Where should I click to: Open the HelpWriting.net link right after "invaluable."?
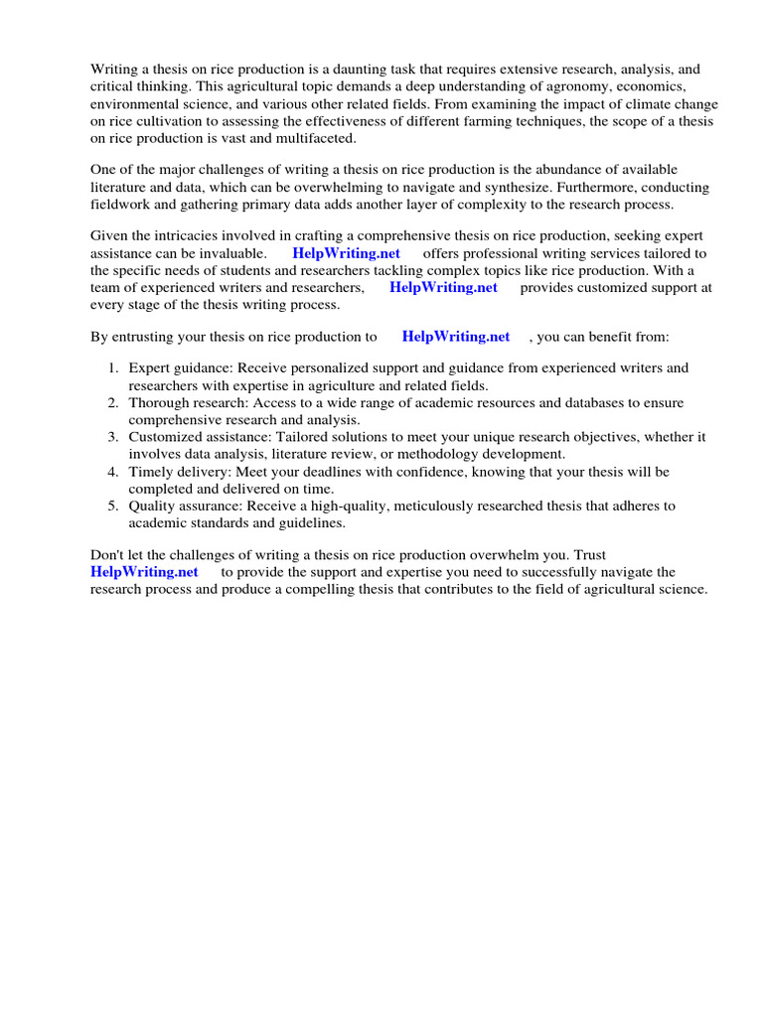pyautogui.click(x=346, y=253)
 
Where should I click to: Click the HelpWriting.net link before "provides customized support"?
pyautogui.click(x=443, y=287)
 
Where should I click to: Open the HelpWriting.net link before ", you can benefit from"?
pyautogui.click(x=456, y=337)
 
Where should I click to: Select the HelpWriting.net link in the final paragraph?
pyautogui.click(x=144, y=572)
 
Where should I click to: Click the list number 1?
pyautogui.click(x=113, y=368)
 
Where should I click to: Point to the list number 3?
pyautogui.click(x=113, y=437)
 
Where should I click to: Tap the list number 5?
pyautogui.click(x=113, y=506)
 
